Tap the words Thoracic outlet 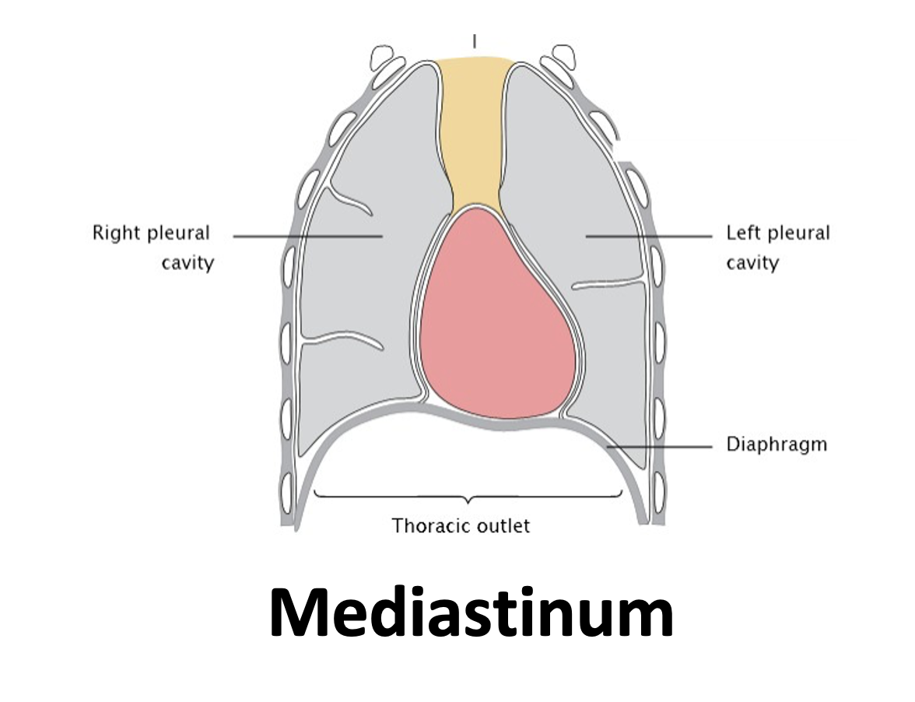pos(461,526)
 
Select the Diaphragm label pos(777,445)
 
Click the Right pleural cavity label pos(153,247)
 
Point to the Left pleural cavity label pos(778,247)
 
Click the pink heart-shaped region pos(498,315)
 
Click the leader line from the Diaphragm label pos(660,447)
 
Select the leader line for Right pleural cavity pos(307,237)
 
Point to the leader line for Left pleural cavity pos(649,237)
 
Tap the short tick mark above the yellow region pos(475,40)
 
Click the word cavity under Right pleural pos(188,263)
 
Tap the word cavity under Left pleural pos(753,263)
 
